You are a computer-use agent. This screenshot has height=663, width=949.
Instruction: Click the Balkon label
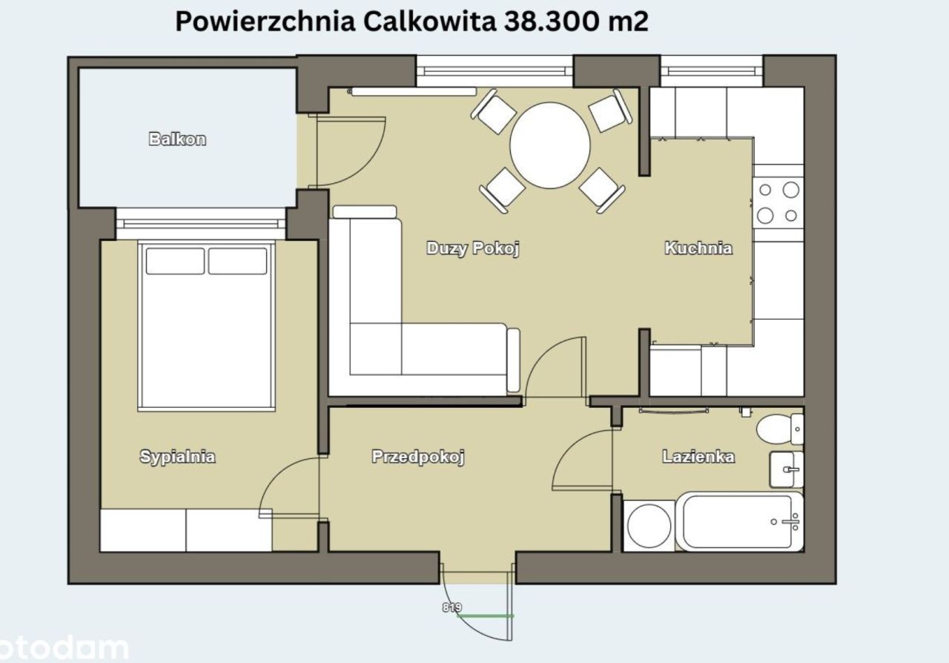click(177, 139)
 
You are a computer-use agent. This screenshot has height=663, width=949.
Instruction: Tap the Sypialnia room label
click(177, 456)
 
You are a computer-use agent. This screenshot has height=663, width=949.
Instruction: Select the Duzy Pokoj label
click(472, 248)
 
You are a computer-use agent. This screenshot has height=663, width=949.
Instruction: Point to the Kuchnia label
click(698, 248)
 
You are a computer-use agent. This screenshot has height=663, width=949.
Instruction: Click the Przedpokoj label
click(417, 457)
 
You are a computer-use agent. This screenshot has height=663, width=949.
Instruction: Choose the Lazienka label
click(698, 457)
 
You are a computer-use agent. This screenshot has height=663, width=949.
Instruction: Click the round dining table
click(550, 145)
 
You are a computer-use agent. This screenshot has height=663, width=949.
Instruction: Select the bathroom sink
click(786, 469)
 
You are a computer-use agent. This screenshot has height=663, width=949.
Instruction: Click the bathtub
click(741, 521)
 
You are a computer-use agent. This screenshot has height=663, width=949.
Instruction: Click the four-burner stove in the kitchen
click(778, 202)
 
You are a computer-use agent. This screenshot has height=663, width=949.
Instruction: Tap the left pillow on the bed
click(175, 261)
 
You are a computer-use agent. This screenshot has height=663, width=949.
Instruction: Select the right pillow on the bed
click(237, 261)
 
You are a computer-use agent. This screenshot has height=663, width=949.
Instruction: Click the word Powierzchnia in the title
click(265, 22)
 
